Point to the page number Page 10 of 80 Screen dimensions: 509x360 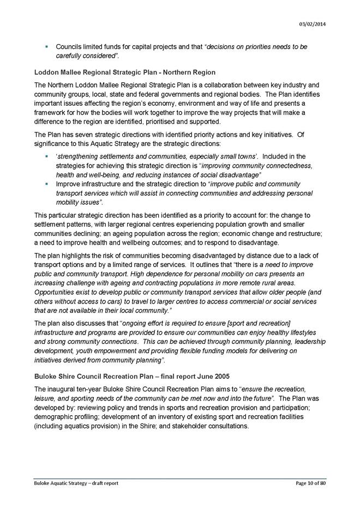[310, 483]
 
